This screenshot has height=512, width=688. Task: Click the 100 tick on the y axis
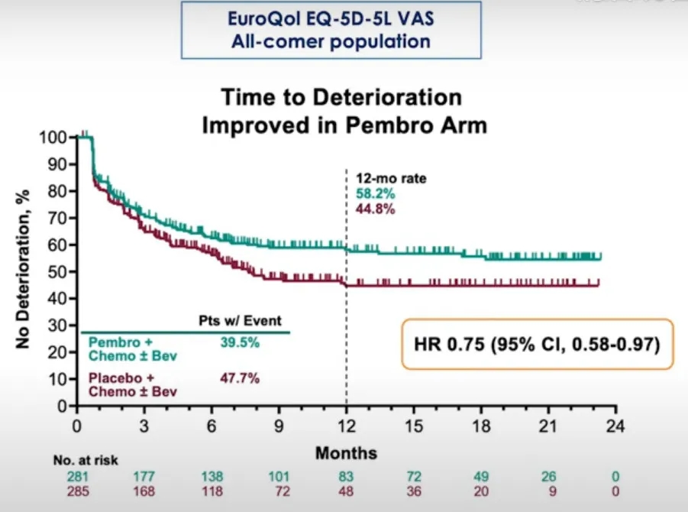pos(57,138)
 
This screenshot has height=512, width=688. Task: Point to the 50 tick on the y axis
pos(61,272)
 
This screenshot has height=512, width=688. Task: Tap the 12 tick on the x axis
pos(347,425)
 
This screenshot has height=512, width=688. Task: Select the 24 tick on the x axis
pos(616,425)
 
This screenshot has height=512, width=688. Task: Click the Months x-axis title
pos(346,453)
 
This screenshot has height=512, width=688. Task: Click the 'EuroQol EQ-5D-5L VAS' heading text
pos(331,20)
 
